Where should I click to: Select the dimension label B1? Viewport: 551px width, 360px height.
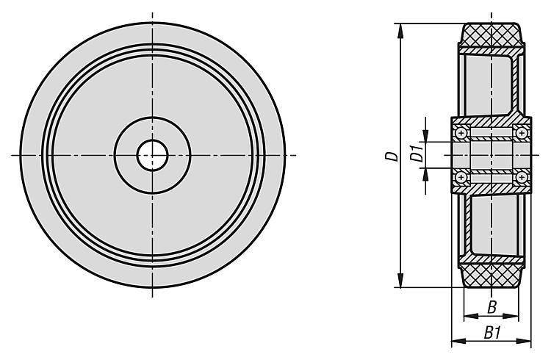point(492,333)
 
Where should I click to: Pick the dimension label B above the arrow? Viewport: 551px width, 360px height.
point(492,307)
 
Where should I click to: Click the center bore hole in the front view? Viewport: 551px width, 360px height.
point(153,155)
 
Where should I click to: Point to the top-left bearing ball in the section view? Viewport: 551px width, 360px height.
point(461,133)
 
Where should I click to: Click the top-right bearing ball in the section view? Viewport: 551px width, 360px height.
point(522,133)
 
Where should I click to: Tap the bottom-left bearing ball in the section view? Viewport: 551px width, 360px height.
point(461,177)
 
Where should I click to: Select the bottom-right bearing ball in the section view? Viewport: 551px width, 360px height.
point(522,177)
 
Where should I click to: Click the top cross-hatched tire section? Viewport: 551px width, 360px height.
point(491,35)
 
